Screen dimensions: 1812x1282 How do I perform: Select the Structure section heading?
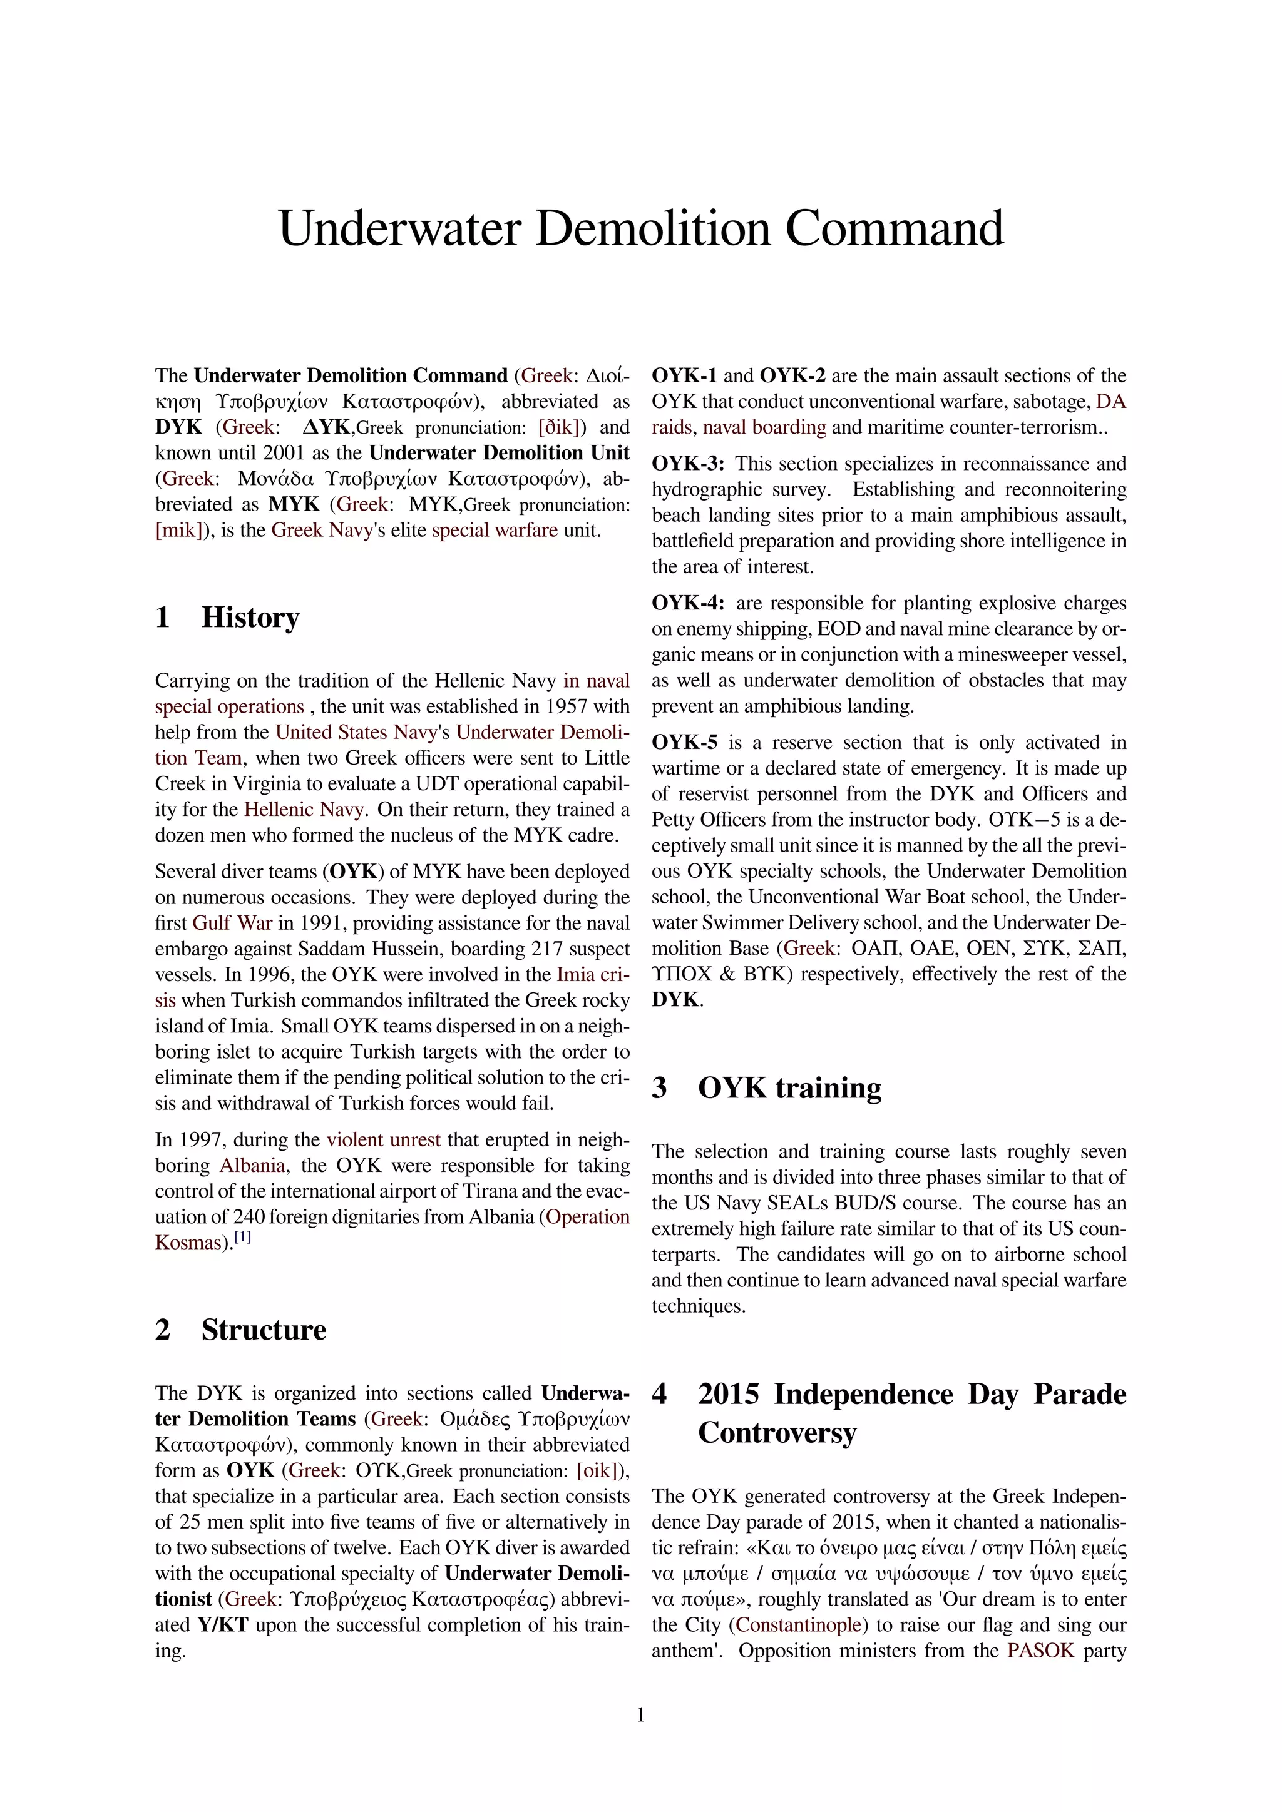pos(263,1330)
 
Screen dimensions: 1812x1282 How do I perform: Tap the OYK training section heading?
pos(789,1087)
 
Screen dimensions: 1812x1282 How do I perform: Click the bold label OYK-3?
pos(687,464)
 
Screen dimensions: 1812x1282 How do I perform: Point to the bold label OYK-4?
pos(687,603)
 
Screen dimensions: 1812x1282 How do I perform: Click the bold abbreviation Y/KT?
pos(223,1625)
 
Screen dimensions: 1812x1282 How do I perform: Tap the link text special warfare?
pos(494,531)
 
